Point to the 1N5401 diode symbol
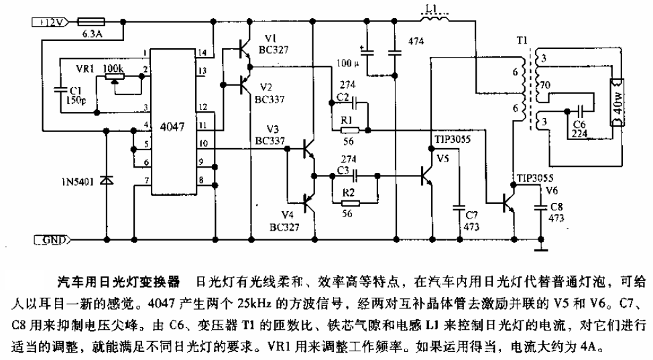point(105,180)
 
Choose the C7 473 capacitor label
point(472,221)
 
